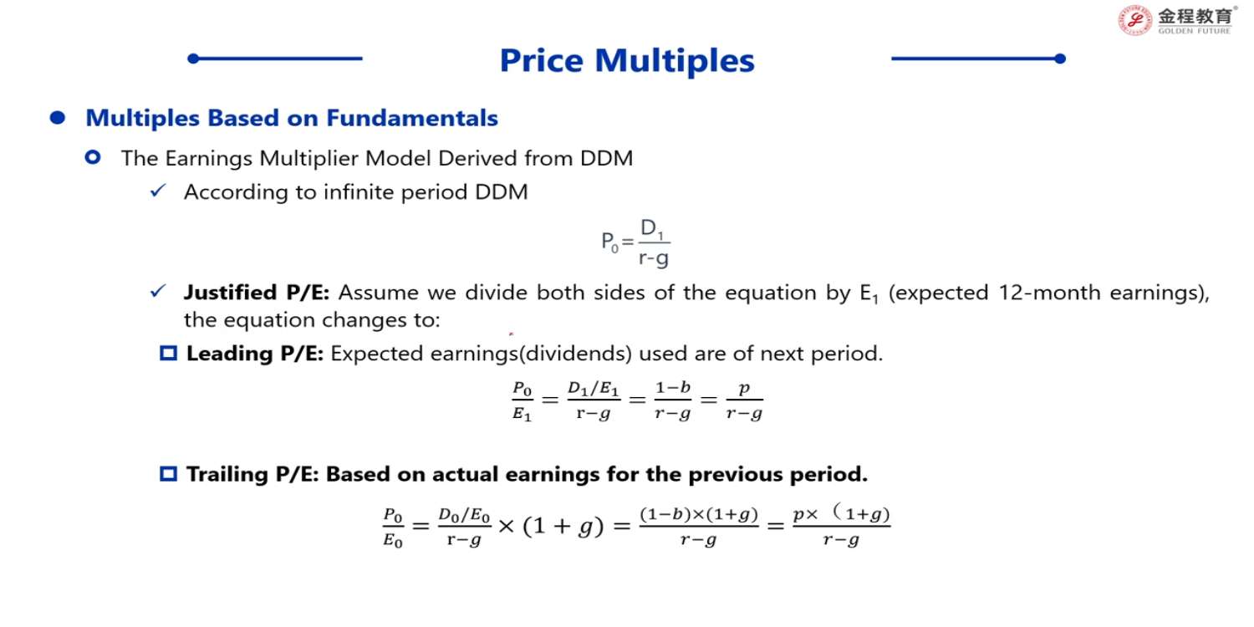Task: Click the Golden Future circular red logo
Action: pyautogui.click(x=1134, y=21)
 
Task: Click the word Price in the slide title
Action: pyautogui.click(x=542, y=60)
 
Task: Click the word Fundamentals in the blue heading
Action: pyautogui.click(x=412, y=118)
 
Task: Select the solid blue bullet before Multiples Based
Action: pyautogui.click(x=58, y=118)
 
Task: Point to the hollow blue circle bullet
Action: pyautogui.click(x=93, y=157)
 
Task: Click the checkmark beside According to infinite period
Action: pyautogui.click(x=159, y=191)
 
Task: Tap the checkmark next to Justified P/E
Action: pyautogui.click(x=159, y=291)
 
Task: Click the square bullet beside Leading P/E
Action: pyautogui.click(x=169, y=354)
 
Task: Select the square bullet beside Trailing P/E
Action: pyautogui.click(x=169, y=474)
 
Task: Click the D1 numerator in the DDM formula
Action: pyautogui.click(x=652, y=228)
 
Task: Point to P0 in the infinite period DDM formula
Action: pyautogui.click(x=609, y=242)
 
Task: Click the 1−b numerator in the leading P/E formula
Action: pyautogui.click(x=673, y=387)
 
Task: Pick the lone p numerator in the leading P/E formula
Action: pyautogui.click(x=744, y=388)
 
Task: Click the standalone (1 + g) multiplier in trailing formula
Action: pyautogui.click(x=563, y=526)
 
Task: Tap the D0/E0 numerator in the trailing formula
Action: pyautogui.click(x=464, y=514)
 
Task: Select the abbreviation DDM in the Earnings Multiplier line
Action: pyautogui.click(x=606, y=159)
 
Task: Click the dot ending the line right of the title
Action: pyautogui.click(x=1060, y=59)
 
